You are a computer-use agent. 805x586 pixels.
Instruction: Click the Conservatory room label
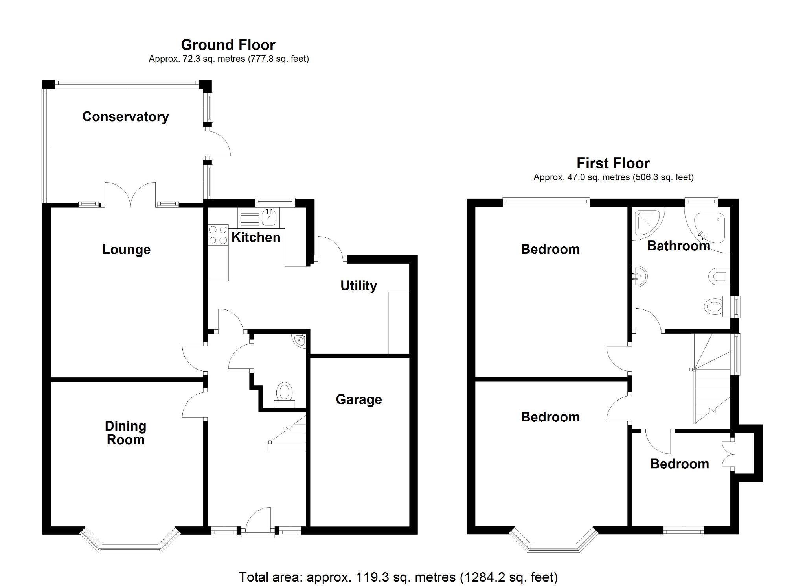[125, 116]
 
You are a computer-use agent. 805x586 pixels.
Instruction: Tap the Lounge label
[126, 250]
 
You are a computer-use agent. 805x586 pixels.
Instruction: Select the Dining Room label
[125, 433]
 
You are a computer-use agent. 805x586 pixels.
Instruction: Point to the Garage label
[358, 399]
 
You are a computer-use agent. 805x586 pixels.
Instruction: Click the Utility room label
[358, 286]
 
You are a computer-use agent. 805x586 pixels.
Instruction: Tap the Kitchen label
[256, 237]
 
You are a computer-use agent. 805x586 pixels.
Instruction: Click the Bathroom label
[678, 246]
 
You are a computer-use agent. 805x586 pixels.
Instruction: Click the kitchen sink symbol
[270, 217]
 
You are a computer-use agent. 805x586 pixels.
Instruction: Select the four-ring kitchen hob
[218, 235]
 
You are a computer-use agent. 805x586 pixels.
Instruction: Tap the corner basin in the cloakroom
[300, 340]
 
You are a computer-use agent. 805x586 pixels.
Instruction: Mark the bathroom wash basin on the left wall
[639, 276]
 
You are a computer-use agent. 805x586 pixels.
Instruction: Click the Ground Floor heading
[228, 45]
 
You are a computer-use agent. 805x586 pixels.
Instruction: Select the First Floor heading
[613, 163]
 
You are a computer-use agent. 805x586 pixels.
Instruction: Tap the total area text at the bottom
[398, 577]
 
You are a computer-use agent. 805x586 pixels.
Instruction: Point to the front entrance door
[258, 523]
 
